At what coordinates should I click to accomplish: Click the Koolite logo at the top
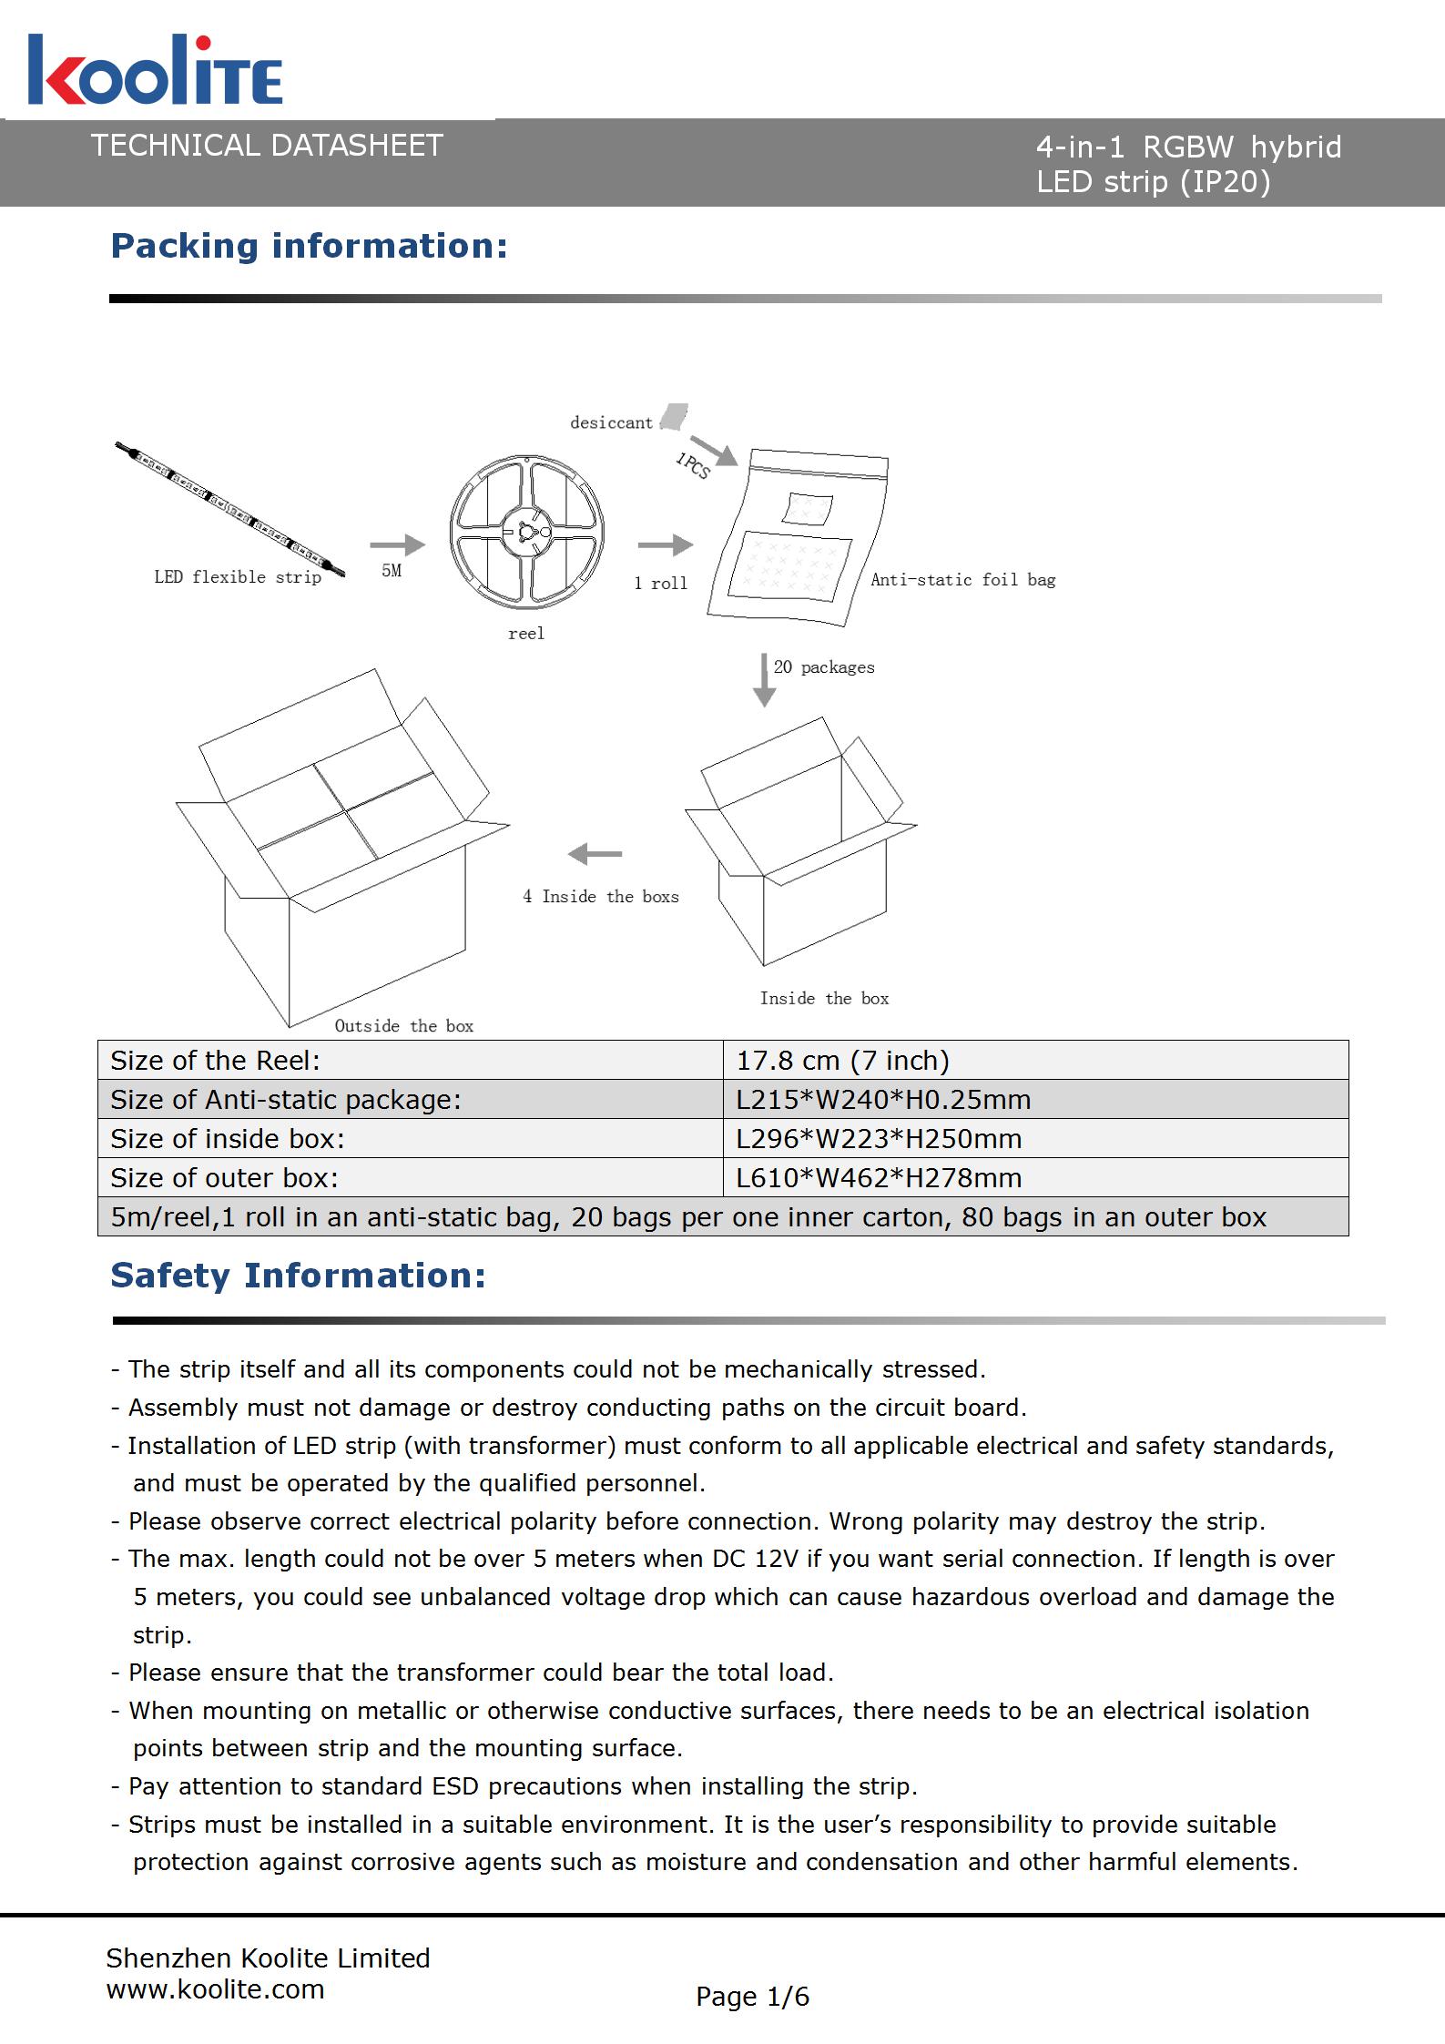155,71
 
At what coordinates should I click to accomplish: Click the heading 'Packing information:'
309,246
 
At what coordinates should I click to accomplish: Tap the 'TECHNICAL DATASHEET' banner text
267,146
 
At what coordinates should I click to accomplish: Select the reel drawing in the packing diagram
526,533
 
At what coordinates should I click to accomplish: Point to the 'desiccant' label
611,422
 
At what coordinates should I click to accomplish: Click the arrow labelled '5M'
397,544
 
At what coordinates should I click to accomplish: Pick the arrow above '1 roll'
665,545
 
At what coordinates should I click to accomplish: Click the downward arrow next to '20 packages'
764,679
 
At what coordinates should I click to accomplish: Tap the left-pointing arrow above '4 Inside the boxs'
595,854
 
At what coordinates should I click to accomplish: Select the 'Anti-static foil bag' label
962,580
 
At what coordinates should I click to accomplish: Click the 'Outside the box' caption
404,1026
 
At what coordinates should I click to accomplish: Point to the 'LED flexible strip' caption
238,577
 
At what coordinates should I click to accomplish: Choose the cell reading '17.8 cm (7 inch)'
842,1061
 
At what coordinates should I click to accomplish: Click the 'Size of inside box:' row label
228,1139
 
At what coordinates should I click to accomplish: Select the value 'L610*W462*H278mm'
879,1178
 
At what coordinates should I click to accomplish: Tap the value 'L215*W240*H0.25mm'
883,1100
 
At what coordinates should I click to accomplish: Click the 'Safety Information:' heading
298,1276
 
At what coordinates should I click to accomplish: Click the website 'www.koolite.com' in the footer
215,1989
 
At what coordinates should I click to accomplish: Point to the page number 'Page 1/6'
752,1997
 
